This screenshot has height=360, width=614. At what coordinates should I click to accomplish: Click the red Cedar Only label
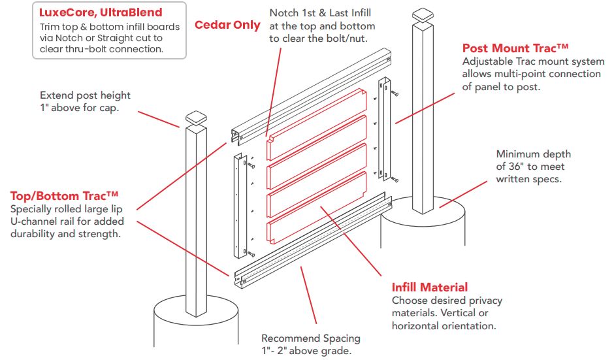pos(227,25)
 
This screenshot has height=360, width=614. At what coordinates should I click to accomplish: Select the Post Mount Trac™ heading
pos(515,48)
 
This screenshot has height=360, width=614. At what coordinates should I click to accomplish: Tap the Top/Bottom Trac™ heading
pos(65,195)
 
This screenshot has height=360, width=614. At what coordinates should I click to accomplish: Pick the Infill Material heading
pos(429,287)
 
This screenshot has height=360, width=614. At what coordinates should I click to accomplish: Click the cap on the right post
pos(422,14)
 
